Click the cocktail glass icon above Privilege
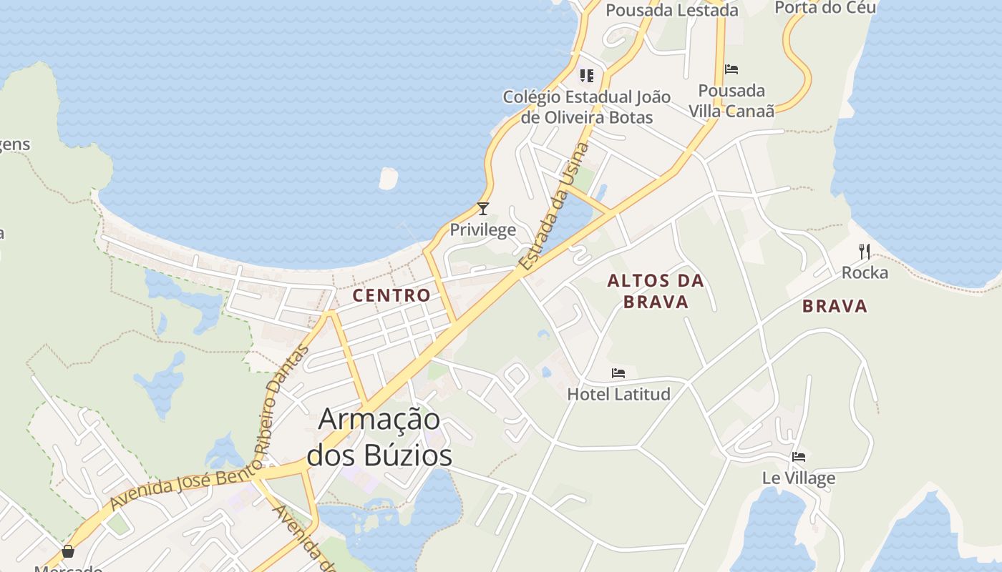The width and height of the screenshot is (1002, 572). (483, 209)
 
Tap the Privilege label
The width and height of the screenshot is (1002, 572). (482, 230)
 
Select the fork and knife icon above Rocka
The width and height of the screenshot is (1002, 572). (865, 251)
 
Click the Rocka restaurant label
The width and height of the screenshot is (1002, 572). (865, 272)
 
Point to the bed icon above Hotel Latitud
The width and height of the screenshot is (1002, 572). (618, 373)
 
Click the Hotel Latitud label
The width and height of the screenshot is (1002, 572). (618, 394)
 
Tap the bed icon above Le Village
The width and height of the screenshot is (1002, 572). (799, 457)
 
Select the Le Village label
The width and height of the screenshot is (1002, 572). (799, 478)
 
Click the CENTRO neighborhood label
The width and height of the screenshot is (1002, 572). (391, 295)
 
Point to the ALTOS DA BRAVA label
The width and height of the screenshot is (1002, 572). (656, 291)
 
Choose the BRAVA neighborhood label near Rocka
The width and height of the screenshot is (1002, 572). (835, 307)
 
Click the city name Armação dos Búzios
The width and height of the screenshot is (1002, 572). (379, 437)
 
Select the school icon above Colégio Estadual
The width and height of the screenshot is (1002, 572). (587, 75)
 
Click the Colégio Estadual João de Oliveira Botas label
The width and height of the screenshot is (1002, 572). (587, 107)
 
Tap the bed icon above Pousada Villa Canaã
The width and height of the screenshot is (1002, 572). (731, 69)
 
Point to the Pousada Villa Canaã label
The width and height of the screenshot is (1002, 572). (731, 101)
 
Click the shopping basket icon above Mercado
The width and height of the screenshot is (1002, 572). (68, 551)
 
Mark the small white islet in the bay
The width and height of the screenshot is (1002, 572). (388, 179)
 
